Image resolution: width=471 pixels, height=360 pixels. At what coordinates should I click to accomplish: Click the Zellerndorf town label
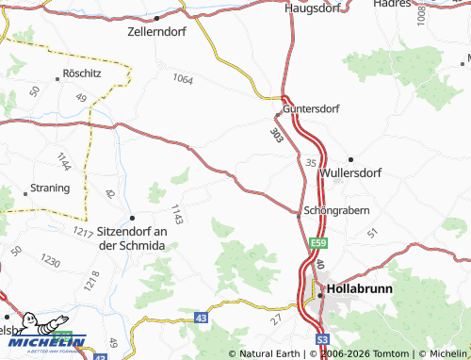(157, 30)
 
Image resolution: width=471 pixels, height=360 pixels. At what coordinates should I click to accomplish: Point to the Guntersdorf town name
(315, 108)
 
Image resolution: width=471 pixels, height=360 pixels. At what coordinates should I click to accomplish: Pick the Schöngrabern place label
(336, 210)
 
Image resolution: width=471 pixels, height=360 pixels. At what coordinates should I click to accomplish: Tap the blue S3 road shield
(322, 337)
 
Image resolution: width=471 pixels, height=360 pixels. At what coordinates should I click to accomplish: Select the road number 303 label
(275, 136)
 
